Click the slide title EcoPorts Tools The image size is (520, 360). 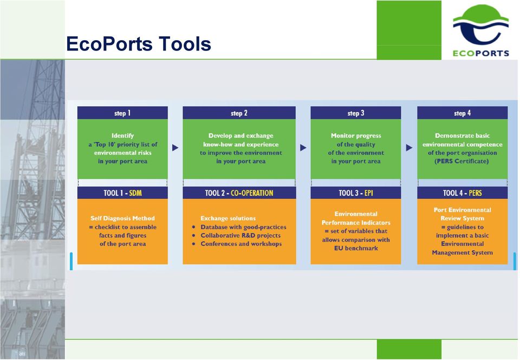139,44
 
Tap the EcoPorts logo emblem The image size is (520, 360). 480,25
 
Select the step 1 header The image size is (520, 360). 122,113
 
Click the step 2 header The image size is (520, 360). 239,113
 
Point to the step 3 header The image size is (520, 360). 356,113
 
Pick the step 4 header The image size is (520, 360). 462,113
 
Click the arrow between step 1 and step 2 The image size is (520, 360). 175,147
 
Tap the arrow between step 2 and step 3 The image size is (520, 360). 303,147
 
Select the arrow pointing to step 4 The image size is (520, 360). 409,147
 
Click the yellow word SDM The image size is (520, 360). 135,193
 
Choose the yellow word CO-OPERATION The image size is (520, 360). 252,193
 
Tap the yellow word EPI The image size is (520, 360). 369,193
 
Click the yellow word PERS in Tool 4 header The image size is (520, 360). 475,193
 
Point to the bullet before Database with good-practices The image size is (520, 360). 194,227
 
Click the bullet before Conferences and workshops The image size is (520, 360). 194,244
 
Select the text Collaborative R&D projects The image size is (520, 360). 240,236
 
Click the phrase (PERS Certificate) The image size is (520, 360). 461,161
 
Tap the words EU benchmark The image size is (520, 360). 356,248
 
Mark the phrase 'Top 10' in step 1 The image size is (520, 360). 104,144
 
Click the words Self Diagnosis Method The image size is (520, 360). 122,218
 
